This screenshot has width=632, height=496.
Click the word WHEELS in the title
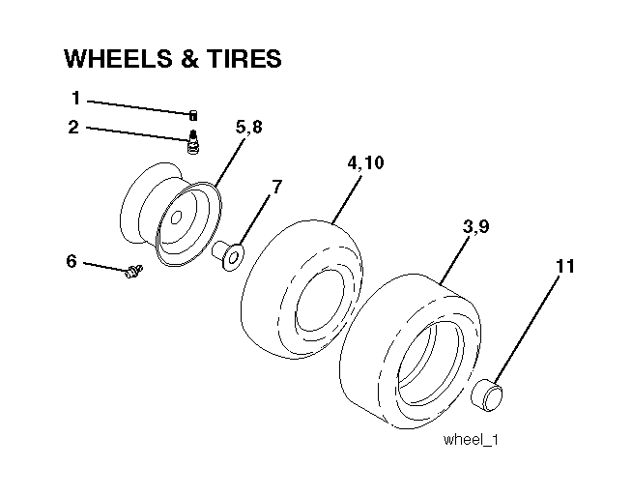coord(118,58)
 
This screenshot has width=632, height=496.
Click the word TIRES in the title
coord(244,58)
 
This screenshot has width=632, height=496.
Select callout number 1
coord(75,98)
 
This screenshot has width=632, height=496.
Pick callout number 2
coord(73,127)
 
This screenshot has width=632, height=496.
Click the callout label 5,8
coord(249,127)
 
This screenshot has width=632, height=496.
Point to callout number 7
coord(276,188)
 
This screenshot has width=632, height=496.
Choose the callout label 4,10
coord(365,162)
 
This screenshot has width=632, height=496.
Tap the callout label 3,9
coord(476,226)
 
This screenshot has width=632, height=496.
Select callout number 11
coord(565,267)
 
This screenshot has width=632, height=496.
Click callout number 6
coord(72,261)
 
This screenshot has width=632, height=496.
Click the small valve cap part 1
coord(193,115)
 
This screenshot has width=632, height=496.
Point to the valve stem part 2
coord(194,141)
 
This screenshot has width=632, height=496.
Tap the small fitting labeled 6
coord(133,271)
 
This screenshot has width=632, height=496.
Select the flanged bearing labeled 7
coord(228,255)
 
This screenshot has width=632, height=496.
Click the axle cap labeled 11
coord(487,394)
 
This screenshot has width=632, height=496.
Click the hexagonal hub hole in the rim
coord(176,219)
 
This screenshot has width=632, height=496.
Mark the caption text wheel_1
coord(471,439)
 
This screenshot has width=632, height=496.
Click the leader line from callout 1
coord(138,107)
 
